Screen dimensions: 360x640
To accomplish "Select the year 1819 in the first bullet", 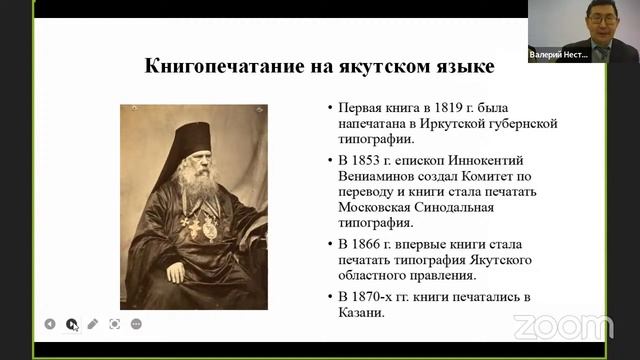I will (x=450, y=106).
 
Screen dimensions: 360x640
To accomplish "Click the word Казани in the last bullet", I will (x=361, y=313).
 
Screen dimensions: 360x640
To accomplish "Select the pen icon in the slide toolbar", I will (x=92, y=324).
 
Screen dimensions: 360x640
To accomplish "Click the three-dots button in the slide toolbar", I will (x=136, y=324).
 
